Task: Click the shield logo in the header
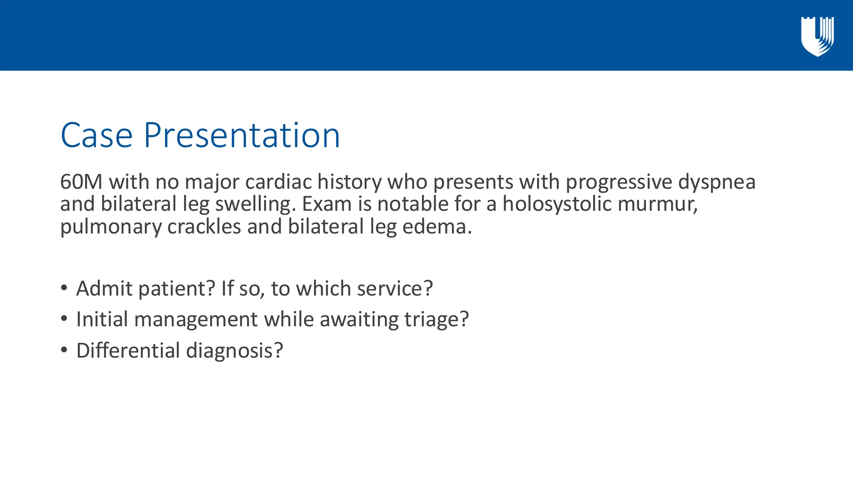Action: click(x=817, y=36)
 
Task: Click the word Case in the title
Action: click(x=97, y=135)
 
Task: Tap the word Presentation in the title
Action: click(x=242, y=135)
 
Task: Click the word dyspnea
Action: click(x=716, y=182)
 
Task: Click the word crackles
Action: click(x=204, y=227)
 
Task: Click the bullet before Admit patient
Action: click(x=64, y=288)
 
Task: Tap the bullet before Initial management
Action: click(x=64, y=319)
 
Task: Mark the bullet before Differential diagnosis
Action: click(x=64, y=350)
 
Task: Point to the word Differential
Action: click(x=128, y=350)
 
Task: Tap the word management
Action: click(x=196, y=320)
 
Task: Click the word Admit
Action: click(x=104, y=288)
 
